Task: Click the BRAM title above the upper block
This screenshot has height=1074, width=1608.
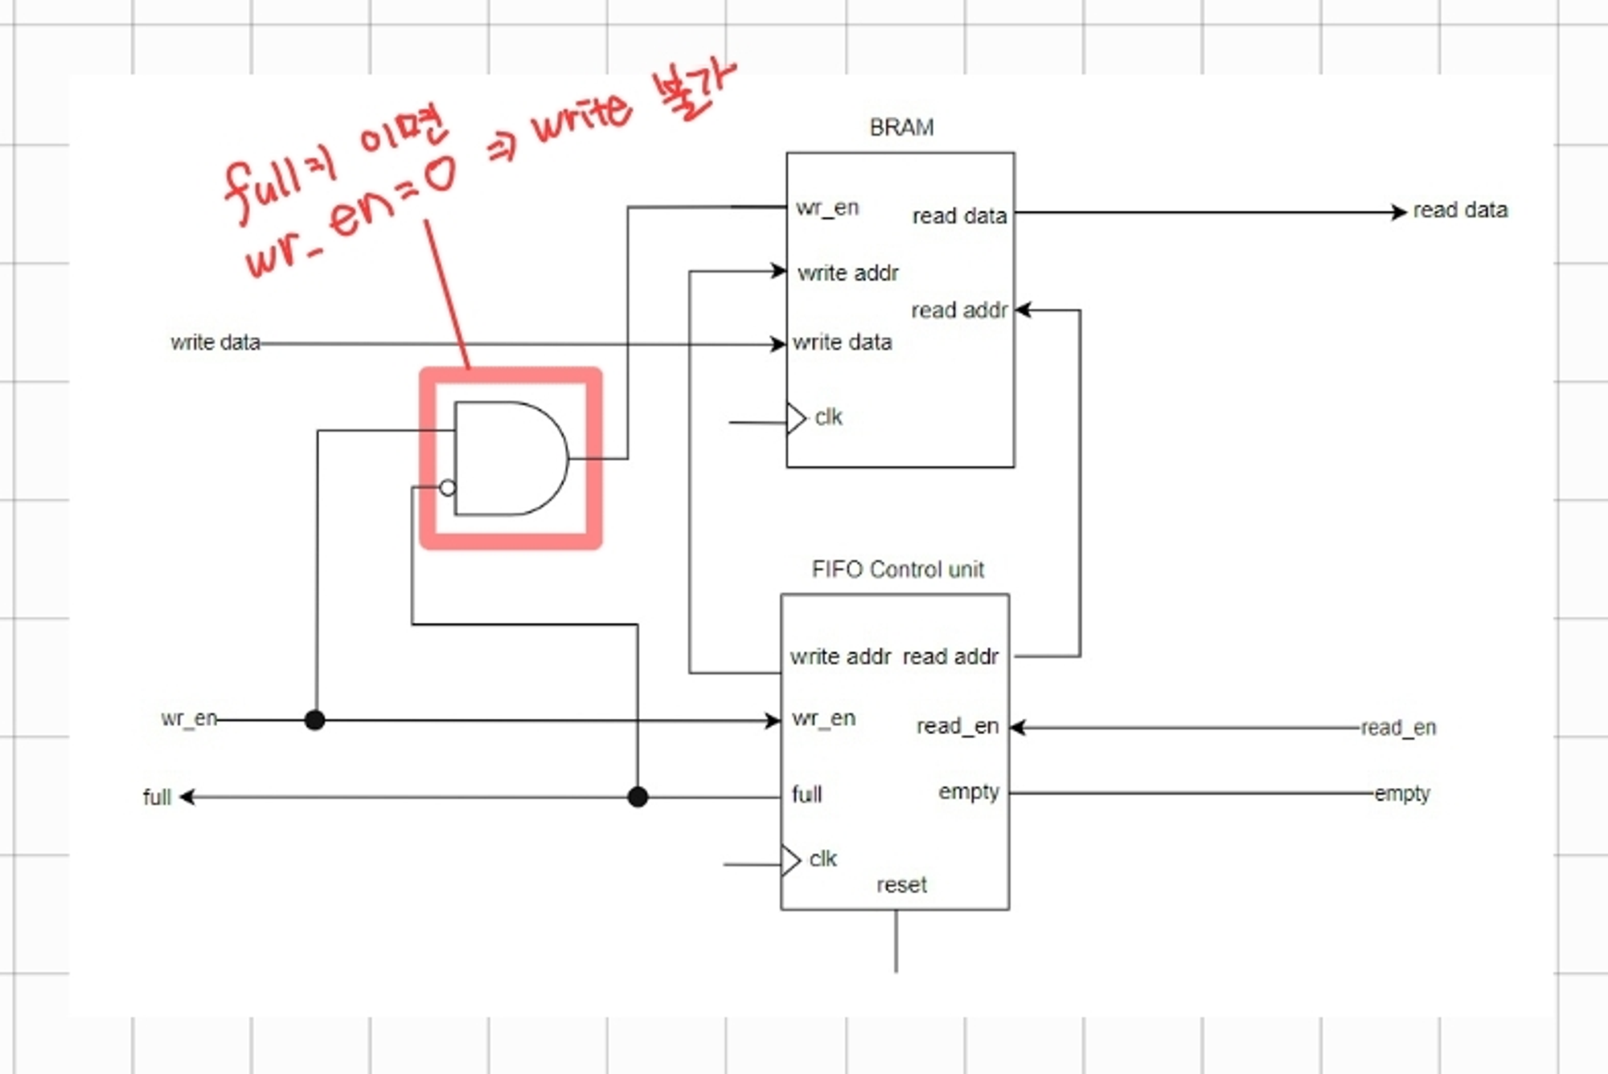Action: tap(901, 128)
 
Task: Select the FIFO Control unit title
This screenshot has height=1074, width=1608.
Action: tap(897, 570)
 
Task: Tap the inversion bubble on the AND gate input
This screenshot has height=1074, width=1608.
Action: tap(448, 488)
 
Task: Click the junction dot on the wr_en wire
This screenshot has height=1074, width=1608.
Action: tap(315, 719)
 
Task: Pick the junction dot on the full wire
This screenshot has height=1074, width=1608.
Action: tap(638, 797)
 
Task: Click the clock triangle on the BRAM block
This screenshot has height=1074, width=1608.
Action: tap(796, 418)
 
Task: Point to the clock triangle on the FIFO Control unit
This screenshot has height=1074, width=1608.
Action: tap(791, 860)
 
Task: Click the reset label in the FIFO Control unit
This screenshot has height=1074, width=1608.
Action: tap(901, 885)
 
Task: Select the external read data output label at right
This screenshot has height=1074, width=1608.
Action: tap(1460, 211)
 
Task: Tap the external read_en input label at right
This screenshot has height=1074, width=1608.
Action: tap(1398, 728)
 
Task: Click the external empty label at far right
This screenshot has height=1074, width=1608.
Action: tap(1401, 793)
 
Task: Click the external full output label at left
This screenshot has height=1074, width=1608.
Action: tap(157, 797)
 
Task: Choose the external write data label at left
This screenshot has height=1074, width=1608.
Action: tap(215, 342)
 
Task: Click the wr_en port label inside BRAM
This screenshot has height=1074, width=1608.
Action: tap(827, 207)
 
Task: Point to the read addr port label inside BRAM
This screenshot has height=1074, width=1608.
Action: tap(958, 310)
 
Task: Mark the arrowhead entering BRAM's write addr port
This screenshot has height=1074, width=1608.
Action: tap(779, 271)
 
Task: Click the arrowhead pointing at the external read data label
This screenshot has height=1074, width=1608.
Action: tap(1399, 212)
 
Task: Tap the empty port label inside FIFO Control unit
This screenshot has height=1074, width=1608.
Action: tap(968, 792)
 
